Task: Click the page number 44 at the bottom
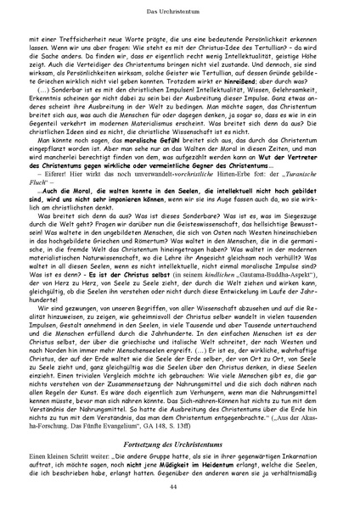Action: pos(180,490)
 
